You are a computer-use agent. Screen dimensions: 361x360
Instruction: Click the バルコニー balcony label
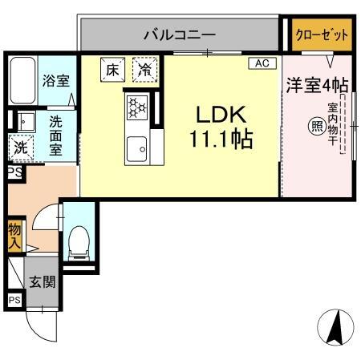click(180, 35)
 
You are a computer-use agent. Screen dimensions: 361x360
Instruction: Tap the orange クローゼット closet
click(322, 34)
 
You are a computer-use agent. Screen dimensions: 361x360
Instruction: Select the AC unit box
click(262, 63)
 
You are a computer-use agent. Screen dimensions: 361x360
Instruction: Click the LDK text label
click(221, 115)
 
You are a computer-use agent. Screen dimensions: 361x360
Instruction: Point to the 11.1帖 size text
click(221, 139)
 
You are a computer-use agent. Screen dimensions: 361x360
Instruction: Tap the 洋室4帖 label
click(317, 86)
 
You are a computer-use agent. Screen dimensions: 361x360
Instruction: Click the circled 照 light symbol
click(318, 126)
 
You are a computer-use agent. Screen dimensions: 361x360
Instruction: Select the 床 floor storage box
click(113, 69)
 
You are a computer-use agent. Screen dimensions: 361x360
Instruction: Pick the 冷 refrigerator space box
click(144, 69)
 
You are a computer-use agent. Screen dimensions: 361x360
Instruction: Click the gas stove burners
click(137, 107)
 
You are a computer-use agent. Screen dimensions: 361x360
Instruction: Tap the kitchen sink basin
click(136, 149)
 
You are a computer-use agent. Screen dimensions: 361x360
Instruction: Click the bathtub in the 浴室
click(22, 80)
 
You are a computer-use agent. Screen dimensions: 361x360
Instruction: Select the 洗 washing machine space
click(21, 148)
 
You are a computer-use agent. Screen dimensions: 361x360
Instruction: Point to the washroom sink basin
click(26, 121)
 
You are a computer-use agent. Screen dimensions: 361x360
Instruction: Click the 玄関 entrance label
click(43, 281)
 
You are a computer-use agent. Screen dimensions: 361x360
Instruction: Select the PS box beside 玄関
click(14, 300)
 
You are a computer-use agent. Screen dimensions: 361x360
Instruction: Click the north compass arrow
click(336, 327)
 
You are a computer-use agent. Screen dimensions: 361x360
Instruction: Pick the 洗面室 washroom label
click(55, 136)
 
